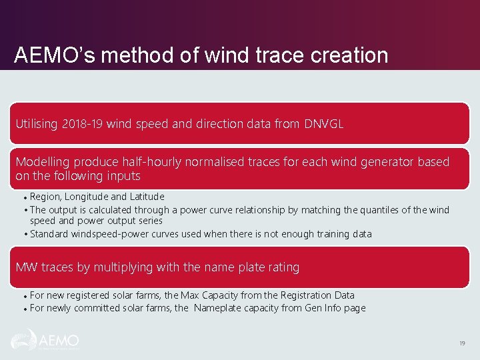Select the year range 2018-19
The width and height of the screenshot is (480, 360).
pyautogui.click(x=83, y=124)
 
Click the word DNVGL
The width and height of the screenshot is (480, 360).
pyautogui.click(x=324, y=124)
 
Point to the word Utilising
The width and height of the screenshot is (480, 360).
pyautogui.click(x=37, y=124)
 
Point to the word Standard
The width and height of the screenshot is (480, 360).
pyautogui.click(x=49, y=234)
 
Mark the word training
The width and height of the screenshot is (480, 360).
pyautogui.click(x=331, y=234)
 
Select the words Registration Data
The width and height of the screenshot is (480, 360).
pyautogui.click(x=316, y=295)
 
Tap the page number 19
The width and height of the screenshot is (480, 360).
pyautogui.click(x=461, y=343)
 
